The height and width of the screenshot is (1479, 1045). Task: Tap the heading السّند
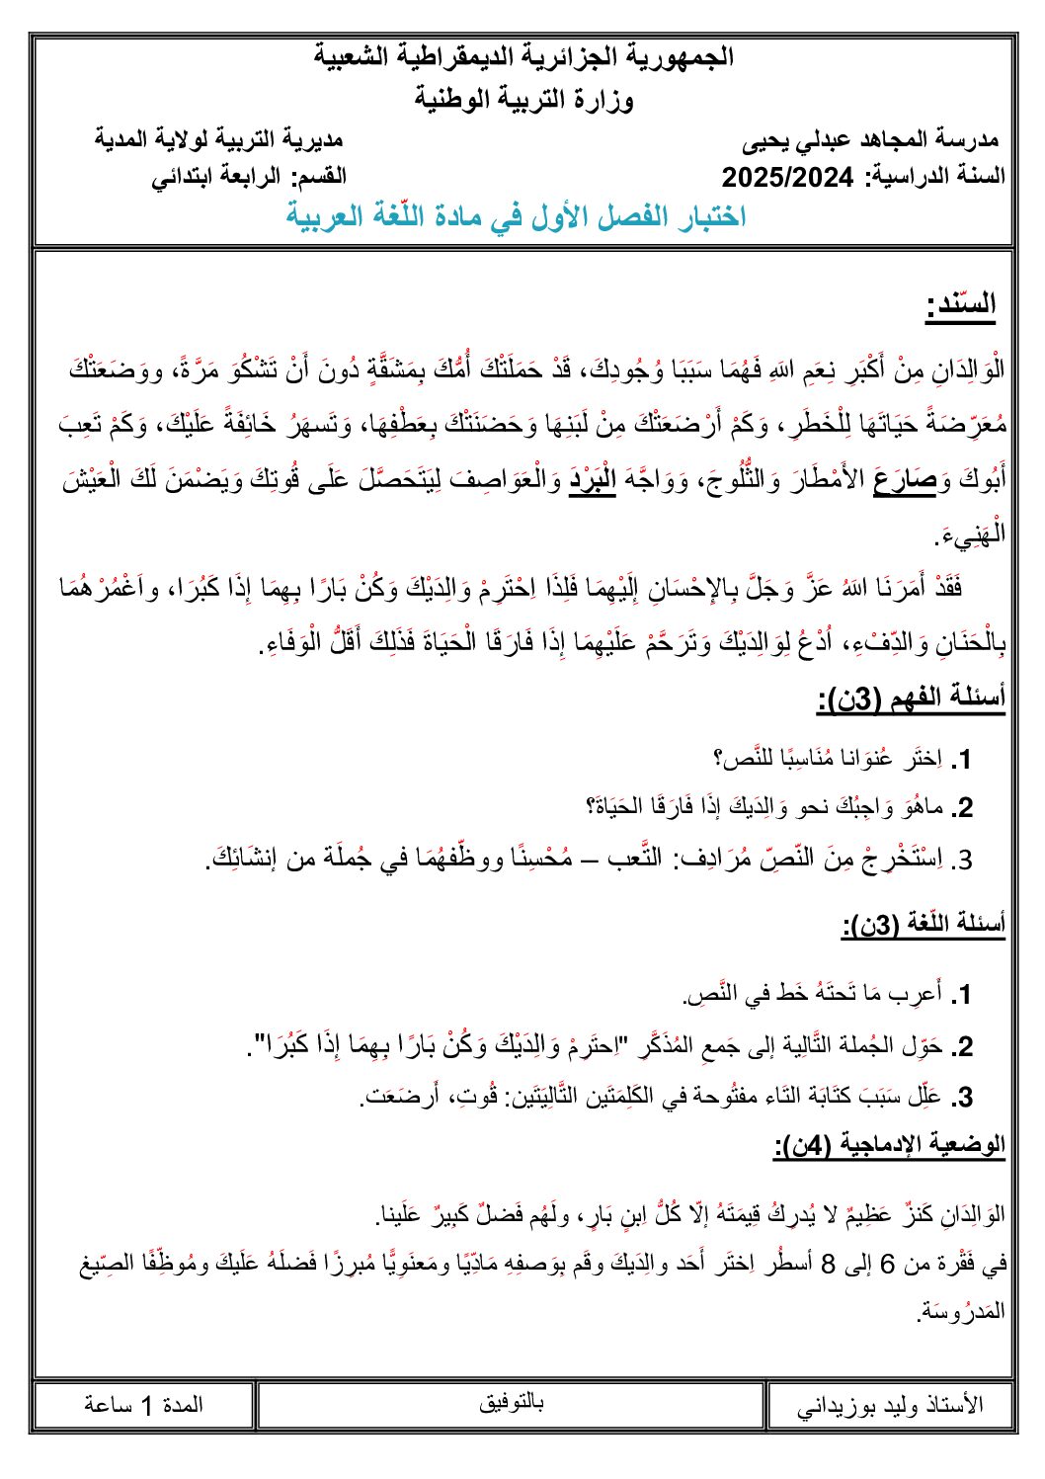coord(961,304)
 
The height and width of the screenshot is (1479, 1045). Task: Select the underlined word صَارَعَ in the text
coord(906,481)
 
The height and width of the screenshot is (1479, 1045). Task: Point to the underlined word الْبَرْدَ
coord(592,481)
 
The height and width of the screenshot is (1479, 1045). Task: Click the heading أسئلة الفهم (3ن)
coord(911,699)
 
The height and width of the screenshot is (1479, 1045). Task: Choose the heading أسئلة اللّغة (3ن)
coord(924,925)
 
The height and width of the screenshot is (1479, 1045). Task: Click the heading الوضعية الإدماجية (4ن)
coord(889,1144)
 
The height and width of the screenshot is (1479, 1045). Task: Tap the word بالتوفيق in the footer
coord(511,1402)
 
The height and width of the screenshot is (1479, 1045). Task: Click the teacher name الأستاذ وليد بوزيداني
coord(891,1405)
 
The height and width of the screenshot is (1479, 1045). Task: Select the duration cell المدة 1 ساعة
coord(143,1405)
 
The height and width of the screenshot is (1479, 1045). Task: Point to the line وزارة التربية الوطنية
coord(523,99)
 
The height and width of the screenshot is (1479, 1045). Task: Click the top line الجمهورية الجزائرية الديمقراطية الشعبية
coord(523,56)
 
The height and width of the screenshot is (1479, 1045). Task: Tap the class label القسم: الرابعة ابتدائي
coord(248,178)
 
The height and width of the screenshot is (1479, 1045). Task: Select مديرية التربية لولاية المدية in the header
coord(219,138)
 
